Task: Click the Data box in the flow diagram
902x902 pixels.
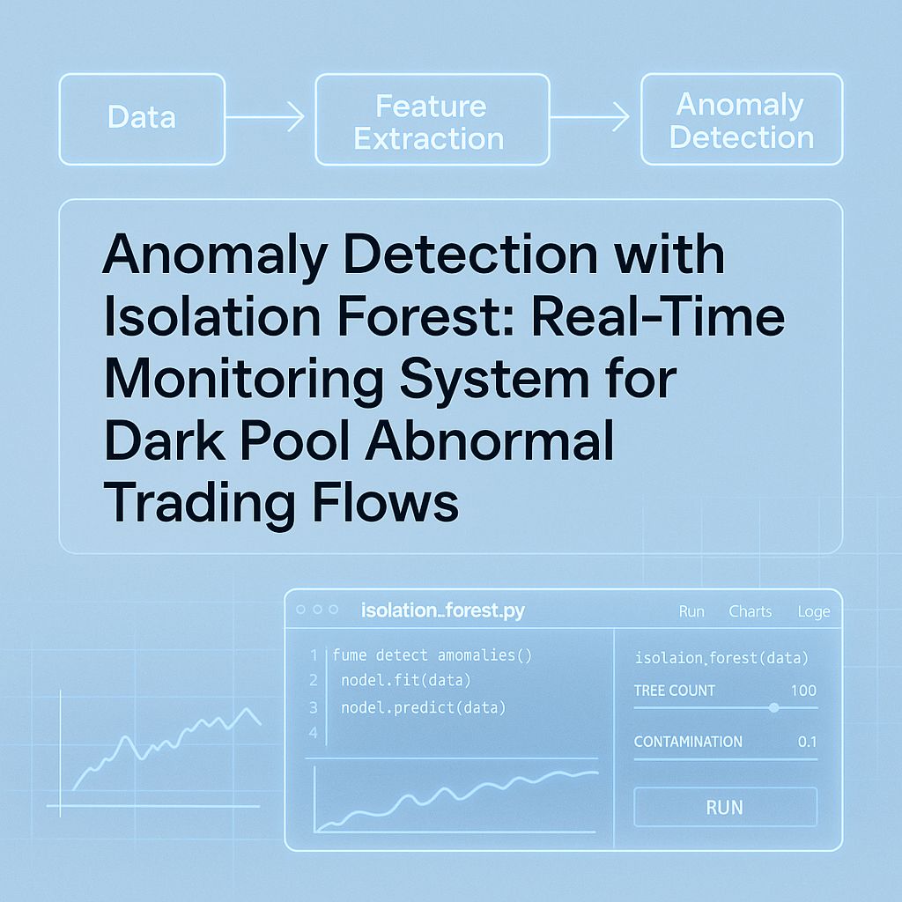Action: tap(142, 118)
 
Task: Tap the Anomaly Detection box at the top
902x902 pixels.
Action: tap(741, 120)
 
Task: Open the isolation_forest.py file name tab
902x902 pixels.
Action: tap(443, 610)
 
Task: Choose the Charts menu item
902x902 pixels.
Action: tap(750, 611)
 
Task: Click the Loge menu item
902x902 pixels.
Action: tap(813, 611)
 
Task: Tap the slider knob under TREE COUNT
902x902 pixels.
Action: tap(773, 707)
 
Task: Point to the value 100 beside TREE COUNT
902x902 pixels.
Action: tap(802, 691)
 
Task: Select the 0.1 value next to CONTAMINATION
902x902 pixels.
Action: tap(807, 742)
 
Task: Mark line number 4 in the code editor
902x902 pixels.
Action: tap(313, 733)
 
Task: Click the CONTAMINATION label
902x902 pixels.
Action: tap(688, 742)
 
